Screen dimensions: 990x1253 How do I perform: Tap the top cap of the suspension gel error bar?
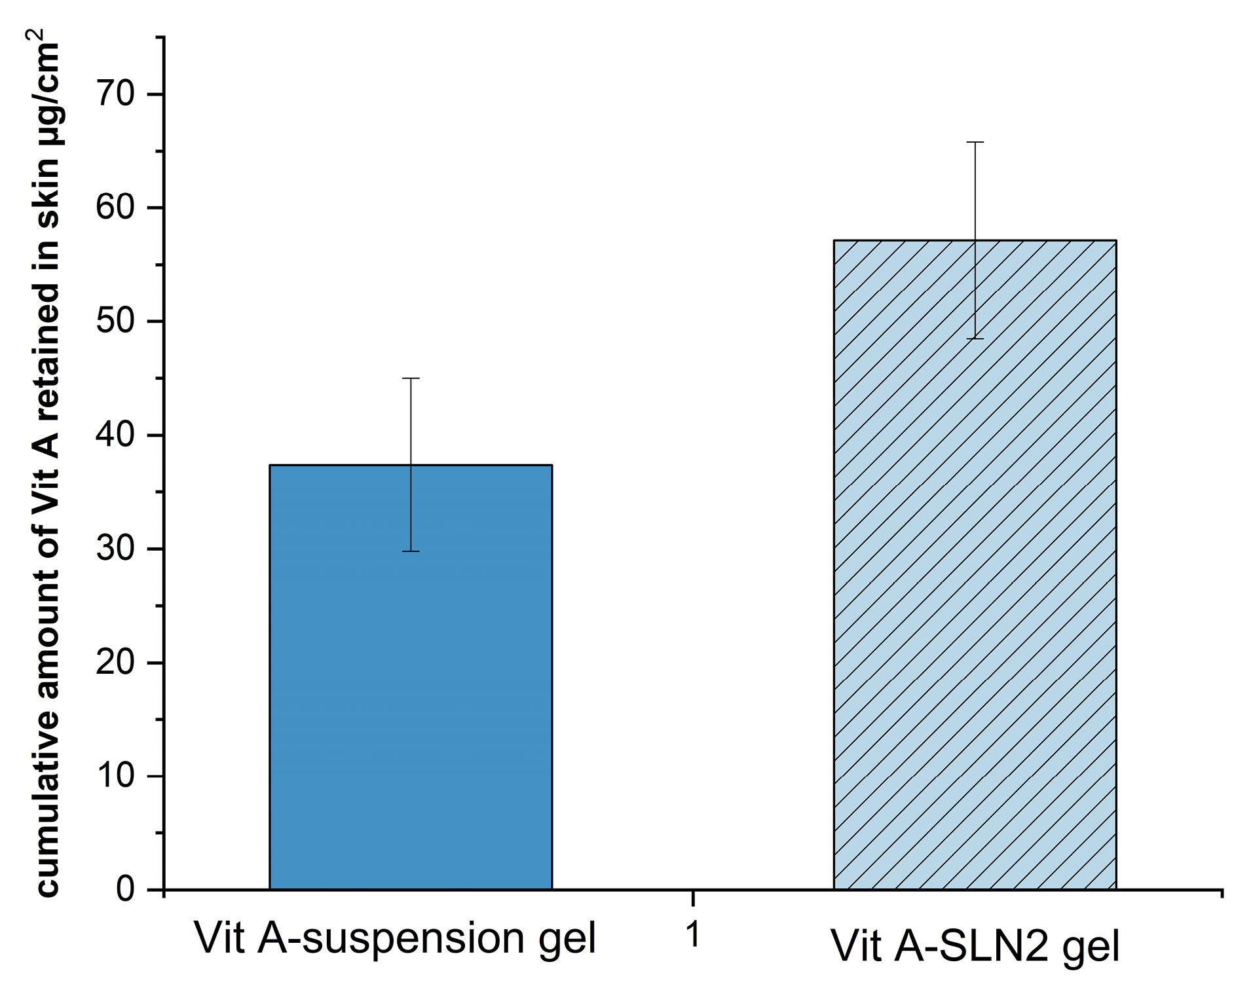click(411, 378)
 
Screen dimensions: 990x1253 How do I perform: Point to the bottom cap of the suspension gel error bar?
click(411, 551)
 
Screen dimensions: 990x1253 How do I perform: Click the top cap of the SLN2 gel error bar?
click(975, 142)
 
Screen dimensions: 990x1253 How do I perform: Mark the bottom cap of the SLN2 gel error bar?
click(975, 339)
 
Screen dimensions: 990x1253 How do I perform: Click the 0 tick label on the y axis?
click(125, 890)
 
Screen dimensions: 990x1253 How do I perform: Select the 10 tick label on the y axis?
click(115, 776)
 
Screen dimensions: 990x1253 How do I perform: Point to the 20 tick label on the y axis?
click(115, 663)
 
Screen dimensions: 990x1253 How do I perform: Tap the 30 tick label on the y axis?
click(115, 549)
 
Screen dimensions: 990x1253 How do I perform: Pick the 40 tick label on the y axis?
click(115, 435)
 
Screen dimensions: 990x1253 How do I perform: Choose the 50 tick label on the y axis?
click(115, 321)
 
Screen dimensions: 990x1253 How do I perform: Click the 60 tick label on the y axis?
click(115, 208)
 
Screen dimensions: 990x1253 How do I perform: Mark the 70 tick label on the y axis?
click(115, 94)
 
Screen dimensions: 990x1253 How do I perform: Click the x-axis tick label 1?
click(693, 935)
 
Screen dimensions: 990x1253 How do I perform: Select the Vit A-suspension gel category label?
click(395, 939)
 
